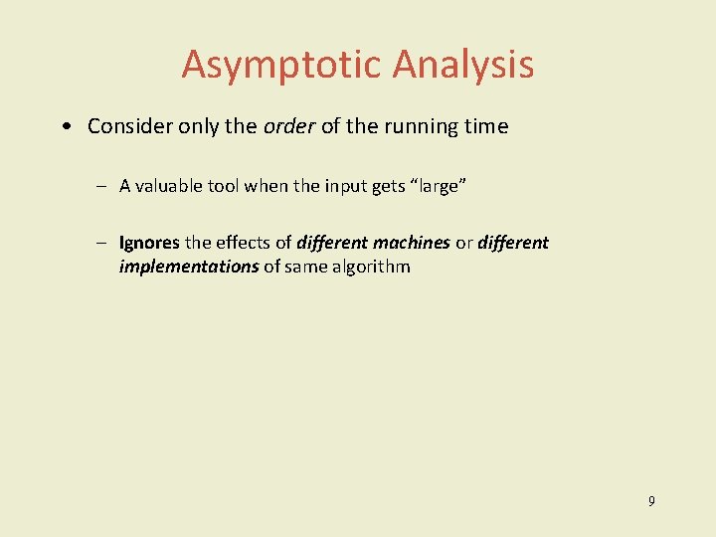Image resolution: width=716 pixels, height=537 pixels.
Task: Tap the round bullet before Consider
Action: [65, 127]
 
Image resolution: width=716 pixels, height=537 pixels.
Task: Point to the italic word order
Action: [288, 126]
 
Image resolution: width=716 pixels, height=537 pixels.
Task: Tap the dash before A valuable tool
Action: [102, 186]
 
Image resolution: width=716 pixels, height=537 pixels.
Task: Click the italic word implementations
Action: [189, 267]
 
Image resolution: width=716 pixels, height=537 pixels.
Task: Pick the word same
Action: [306, 267]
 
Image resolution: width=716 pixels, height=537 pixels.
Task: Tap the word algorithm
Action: [372, 267]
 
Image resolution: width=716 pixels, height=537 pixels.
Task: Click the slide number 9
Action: [651, 501]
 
